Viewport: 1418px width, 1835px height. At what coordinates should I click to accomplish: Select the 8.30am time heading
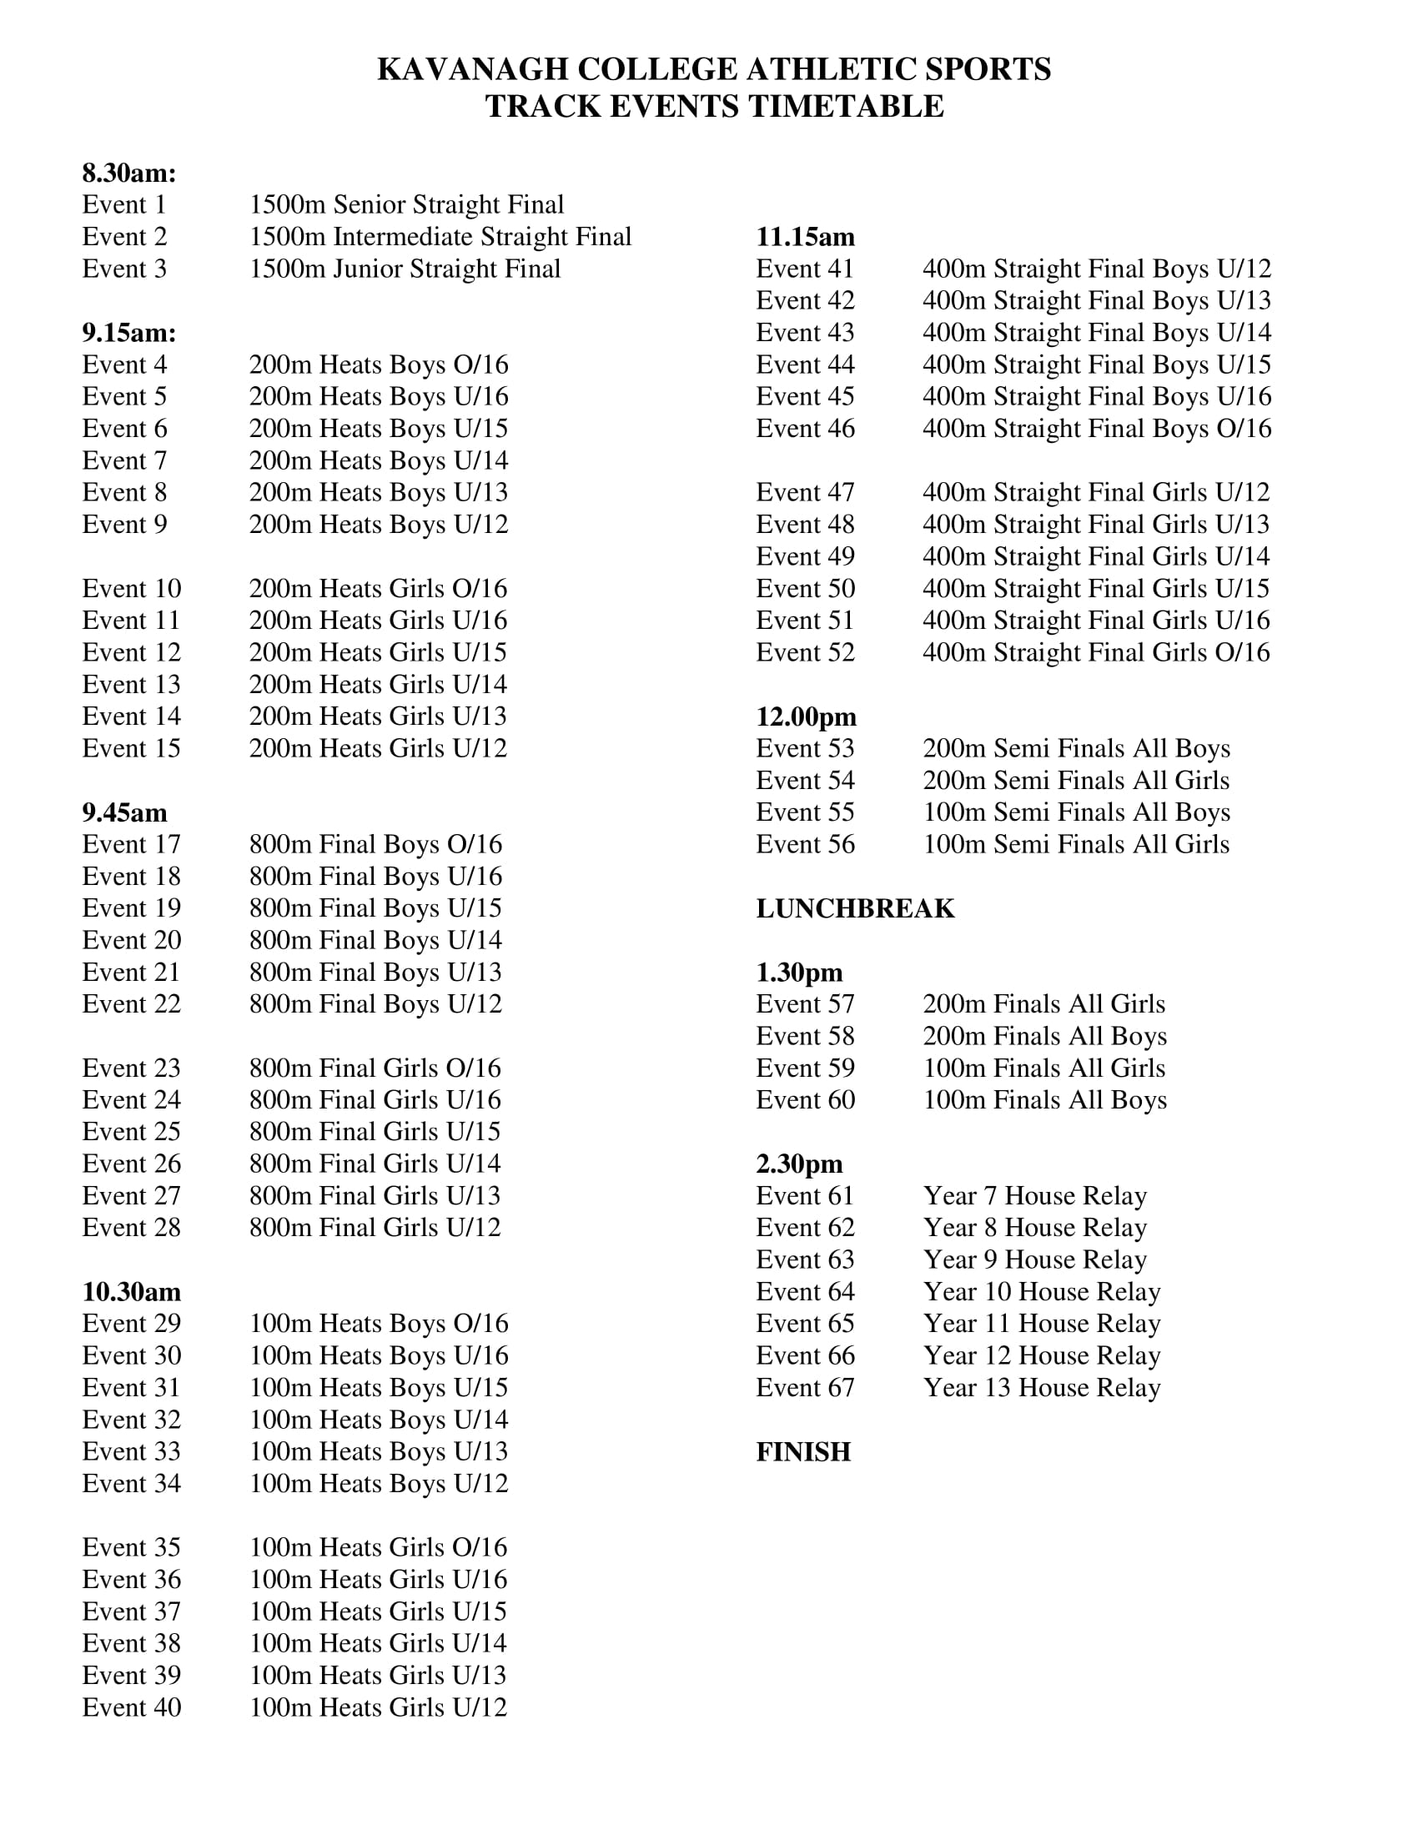[129, 173]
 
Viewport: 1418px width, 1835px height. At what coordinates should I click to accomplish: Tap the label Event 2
[124, 237]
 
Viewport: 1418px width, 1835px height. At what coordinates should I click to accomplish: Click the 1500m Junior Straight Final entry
[404, 269]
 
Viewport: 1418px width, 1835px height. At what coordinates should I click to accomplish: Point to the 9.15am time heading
[129, 333]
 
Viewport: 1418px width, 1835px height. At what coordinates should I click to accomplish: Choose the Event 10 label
[131, 588]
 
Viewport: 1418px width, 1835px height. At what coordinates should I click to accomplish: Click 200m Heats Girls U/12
[378, 748]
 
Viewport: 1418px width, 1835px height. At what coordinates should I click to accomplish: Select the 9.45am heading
[124, 812]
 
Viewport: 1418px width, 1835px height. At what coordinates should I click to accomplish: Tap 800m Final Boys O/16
[375, 844]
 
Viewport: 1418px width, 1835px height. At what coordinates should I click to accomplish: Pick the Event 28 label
[131, 1228]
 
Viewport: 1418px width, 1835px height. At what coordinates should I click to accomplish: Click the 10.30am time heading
[131, 1291]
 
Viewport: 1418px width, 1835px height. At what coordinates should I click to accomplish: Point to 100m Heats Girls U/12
[378, 1707]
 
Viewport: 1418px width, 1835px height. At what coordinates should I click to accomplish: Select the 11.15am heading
[805, 237]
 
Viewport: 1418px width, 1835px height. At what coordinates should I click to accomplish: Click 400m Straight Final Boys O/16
[1096, 429]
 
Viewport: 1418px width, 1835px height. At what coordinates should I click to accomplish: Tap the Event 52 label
[805, 652]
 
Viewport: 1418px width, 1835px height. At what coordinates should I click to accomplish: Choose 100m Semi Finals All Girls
[1076, 844]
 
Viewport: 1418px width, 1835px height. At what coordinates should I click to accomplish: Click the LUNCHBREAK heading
[855, 908]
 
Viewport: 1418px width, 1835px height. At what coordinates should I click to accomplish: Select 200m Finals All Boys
[1044, 1036]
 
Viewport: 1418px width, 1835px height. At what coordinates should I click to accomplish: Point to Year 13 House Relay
[1042, 1387]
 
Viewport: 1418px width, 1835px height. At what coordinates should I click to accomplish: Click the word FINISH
[803, 1452]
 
